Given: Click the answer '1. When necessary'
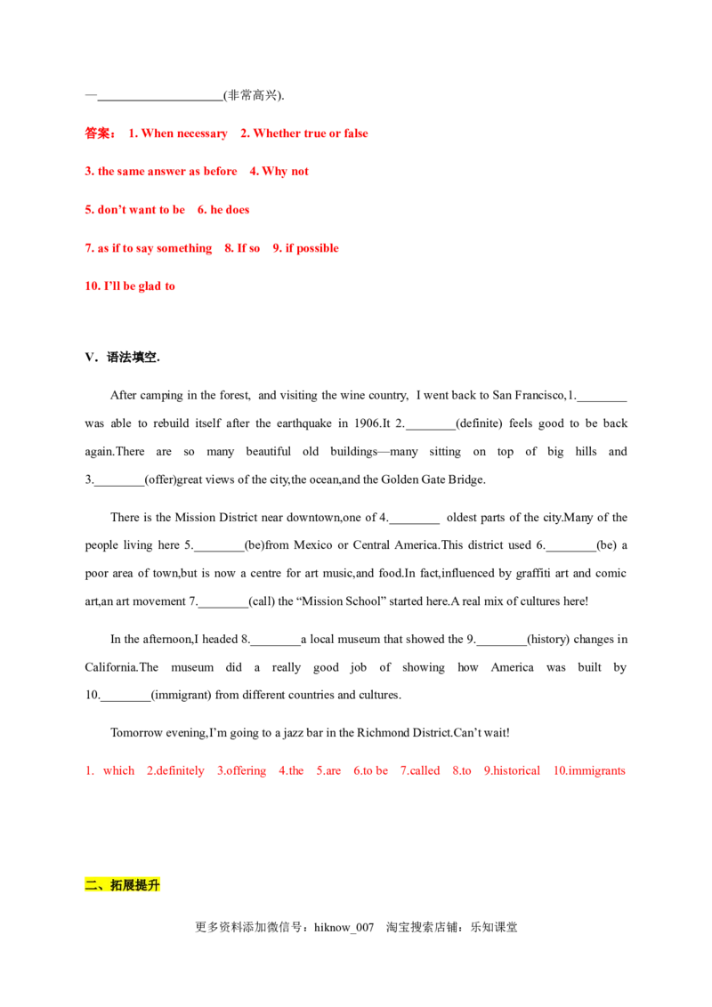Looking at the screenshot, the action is [178, 134].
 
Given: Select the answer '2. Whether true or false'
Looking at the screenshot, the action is [303, 134].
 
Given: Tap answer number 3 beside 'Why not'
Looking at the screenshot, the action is [161, 171].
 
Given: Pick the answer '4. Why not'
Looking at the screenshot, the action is [280, 171].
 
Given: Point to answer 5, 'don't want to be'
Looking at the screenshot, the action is [134, 211].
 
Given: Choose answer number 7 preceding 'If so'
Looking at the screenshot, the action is [149, 249].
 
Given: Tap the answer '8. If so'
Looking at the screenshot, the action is [242, 249].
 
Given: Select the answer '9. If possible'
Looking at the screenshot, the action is [306, 249].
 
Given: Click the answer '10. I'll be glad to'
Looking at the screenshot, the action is [131, 286].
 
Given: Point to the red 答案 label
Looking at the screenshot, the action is [100, 134].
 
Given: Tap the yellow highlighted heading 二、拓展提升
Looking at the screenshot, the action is [121, 885].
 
